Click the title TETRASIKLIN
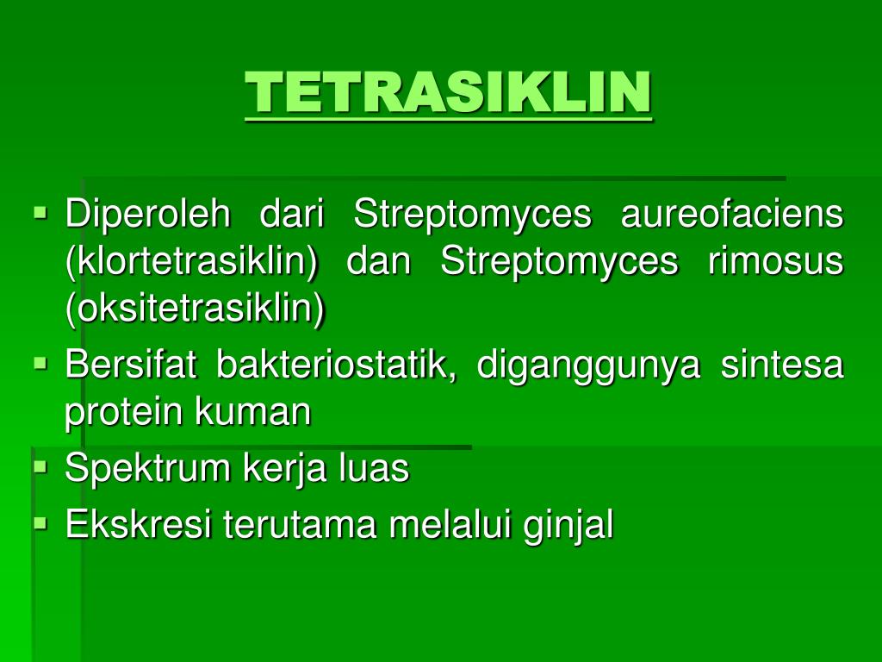[x=448, y=92]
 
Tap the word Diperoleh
[x=148, y=214]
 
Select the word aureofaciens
[x=732, y=214]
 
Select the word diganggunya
[x=588, y=367]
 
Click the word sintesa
[x=781, y=365]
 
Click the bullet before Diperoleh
[x=40, y=210]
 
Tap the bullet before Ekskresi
[x=40, y=521]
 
